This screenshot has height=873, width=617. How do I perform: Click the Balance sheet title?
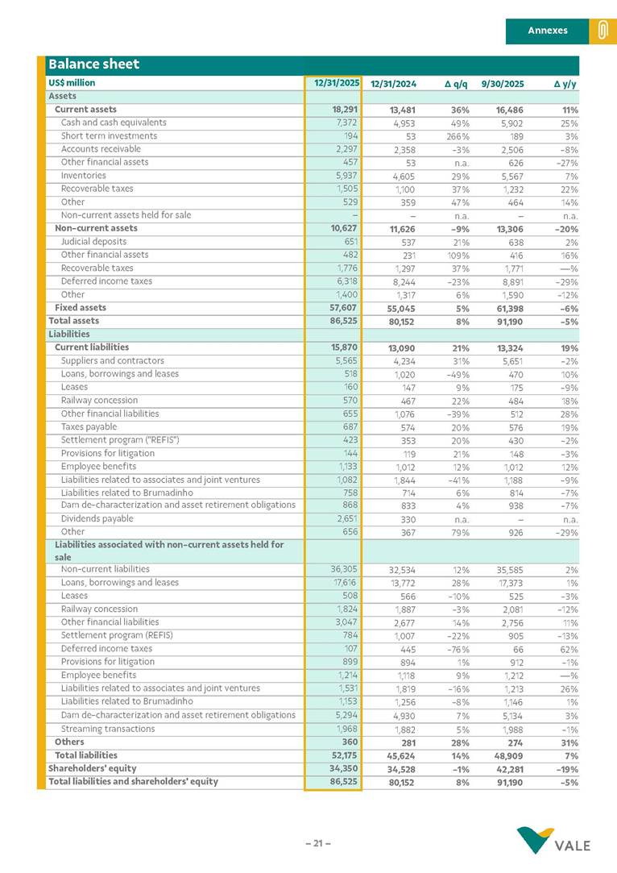[x=93, y=64]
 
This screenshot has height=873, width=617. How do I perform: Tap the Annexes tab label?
[x=548, y=31]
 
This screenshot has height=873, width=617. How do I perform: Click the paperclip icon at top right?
[x=602, y=31]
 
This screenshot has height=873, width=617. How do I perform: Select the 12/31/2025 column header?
[x=337, y=83]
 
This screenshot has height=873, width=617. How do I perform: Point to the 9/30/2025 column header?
[x=503, y=83]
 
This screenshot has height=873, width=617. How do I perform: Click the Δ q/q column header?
[x=456, y=83]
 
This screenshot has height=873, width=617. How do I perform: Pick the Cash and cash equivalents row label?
[x=114, y=123]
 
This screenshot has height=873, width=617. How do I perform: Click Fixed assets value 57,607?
[x=342, y=308]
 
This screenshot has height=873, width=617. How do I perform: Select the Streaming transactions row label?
[x=108, y=729]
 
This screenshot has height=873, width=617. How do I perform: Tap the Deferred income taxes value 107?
[x=350, y=649]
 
